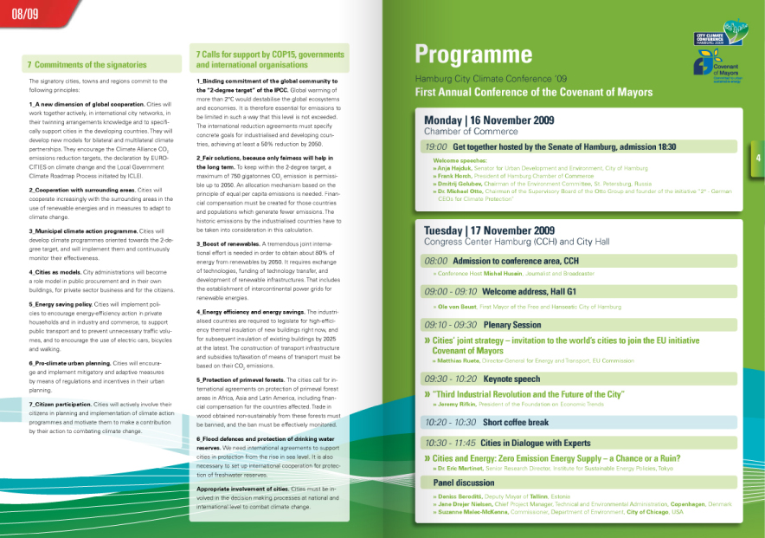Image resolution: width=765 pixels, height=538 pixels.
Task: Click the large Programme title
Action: (x=472, y=55)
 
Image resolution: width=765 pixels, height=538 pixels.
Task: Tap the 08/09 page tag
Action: (x=24, y=14)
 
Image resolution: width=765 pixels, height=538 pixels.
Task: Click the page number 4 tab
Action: (x=758, y=158)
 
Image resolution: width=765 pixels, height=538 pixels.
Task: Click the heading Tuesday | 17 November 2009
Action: (x=490, y=230)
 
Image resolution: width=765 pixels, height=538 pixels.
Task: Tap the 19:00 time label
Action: (x=436, y=147)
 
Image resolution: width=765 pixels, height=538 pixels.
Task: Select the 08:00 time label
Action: (x=435, y=261)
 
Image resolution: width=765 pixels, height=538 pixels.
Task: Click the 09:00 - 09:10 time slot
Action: (x=450, y=292)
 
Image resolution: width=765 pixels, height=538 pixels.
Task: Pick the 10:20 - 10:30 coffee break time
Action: (x=450, y=422)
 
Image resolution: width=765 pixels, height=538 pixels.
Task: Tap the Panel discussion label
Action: (x=464, y=482)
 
